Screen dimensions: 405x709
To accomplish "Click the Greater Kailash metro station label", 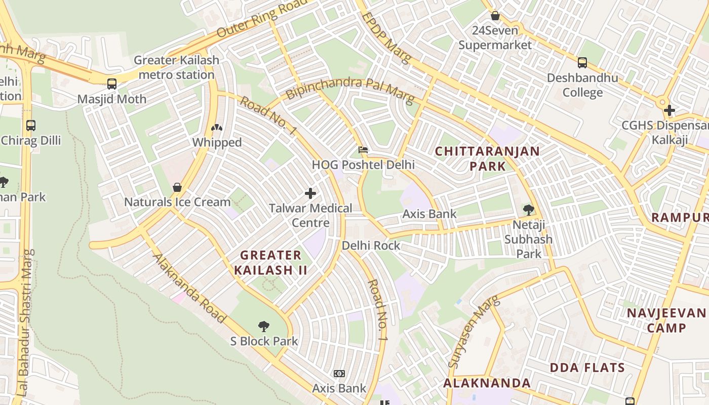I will pos(176,67).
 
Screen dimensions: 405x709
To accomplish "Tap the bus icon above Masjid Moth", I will pos(112,84).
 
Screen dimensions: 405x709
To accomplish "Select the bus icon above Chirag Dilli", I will pos(31,125).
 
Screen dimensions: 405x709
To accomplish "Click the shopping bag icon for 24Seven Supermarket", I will pos(495,16).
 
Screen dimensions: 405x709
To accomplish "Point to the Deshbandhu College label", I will pos(582,85).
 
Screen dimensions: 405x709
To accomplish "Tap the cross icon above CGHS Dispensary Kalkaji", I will pos(669,110).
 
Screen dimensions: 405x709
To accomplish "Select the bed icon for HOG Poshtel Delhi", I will pos(363,150).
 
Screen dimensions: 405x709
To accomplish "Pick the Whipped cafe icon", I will pos(217,128).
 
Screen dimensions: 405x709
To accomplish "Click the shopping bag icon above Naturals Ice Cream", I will pos(177,187).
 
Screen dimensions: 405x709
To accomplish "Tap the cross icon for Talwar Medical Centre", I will pos(310,193).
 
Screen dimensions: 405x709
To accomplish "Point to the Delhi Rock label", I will pos(371,246).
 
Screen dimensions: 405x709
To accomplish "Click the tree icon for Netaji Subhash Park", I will pos(528,209).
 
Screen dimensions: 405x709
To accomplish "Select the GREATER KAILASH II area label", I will pos(270,262).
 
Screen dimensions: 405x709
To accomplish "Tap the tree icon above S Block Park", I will pos(264,326).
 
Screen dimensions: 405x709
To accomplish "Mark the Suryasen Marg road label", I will pos(474,332).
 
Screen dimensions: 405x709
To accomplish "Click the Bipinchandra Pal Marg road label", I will pos(349,88).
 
